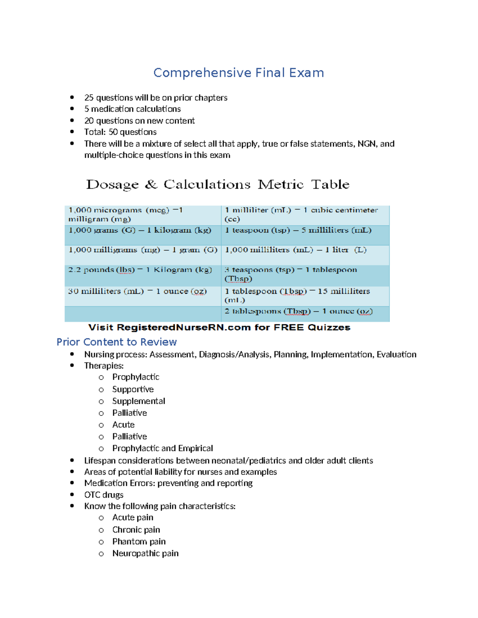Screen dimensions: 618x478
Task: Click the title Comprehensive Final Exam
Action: click(239, 73)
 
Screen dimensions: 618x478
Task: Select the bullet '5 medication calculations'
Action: click(132, 109)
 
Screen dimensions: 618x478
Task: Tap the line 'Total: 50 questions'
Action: click(120, 132)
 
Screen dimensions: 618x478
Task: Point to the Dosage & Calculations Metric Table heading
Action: click(217, 185)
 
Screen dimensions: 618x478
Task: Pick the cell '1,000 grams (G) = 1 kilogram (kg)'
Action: click(140, 230)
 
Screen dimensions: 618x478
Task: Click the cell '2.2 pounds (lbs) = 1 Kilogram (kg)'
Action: click(140, 270)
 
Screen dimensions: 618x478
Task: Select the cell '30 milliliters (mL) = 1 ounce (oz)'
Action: click(137, 291)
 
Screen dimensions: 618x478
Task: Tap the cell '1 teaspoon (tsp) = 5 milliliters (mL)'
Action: click(298, 230)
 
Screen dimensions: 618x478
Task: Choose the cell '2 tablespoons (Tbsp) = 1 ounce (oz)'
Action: click(298, 311)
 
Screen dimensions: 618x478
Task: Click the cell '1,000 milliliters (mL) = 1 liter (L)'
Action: click(296, 250)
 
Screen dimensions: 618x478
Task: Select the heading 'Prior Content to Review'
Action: click(117, 342)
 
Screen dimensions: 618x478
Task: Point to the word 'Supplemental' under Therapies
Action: click(139, 401)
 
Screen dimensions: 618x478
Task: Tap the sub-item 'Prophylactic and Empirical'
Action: click(163, 448)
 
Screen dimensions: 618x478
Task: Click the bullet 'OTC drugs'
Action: click(104, 495)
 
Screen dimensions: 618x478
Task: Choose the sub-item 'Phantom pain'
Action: click(139, 542)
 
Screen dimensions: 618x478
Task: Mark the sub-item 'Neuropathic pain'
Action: click(145, 554)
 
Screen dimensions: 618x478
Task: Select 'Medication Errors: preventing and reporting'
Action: click(168, 483)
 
